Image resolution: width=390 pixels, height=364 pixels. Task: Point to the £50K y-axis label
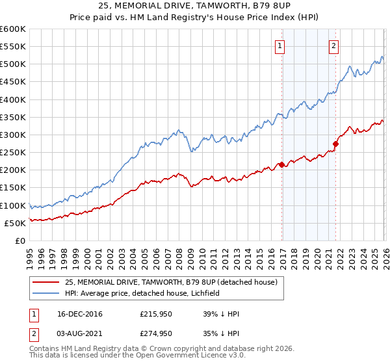(x=16, y=223)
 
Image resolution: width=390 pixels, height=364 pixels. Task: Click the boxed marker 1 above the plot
(x=279, y=45)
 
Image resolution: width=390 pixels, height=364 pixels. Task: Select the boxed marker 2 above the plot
(x=333, y=45)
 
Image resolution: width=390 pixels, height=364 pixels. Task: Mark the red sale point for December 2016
(x=281, y=164)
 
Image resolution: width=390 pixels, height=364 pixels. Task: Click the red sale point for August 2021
(x=335, y=144)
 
